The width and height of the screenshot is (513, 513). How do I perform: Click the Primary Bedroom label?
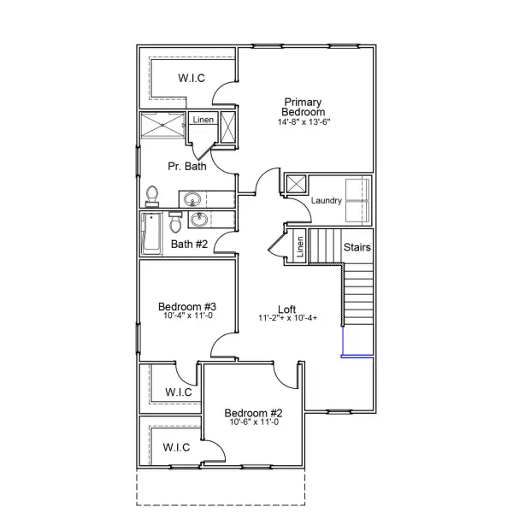click(304, 106)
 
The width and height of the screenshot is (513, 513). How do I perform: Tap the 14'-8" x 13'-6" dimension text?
click(304, 121)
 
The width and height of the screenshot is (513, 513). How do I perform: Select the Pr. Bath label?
click(186, 166)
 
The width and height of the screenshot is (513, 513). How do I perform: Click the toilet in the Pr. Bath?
click(151, 196)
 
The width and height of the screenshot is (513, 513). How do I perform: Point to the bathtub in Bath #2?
click(151, 233)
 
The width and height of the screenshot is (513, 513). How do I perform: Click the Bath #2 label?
click(189, 244)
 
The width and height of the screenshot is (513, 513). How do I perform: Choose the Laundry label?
click(327, 201)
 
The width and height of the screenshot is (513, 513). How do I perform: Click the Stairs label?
click(357, 247)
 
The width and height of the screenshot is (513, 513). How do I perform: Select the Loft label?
click(287, 309)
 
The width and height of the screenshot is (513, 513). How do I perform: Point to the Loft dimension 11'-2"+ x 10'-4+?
click(288, 319)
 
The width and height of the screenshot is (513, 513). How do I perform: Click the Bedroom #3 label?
click(186, 306)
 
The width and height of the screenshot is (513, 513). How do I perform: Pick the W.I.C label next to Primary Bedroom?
click(191, 79)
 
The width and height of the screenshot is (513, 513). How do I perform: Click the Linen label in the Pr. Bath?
click(203, 120)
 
